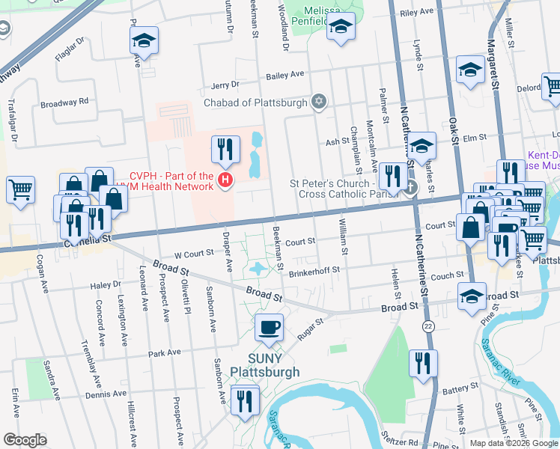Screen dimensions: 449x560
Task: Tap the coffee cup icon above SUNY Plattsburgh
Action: tap(269, 327)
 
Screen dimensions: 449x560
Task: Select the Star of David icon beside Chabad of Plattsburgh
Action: tap(320, 102)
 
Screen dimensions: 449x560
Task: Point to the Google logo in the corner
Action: tap(25, 440)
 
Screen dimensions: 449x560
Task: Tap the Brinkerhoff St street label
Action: tap(314, 269)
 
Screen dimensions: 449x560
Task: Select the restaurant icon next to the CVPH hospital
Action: tap(225, 149)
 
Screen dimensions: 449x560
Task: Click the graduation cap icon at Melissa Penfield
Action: tap(341, 28)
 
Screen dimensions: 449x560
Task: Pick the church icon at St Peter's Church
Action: tap(410, 186)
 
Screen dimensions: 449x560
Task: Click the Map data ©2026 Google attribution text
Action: tap(514, 443)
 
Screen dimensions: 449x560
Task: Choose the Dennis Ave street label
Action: tap(106, 394)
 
